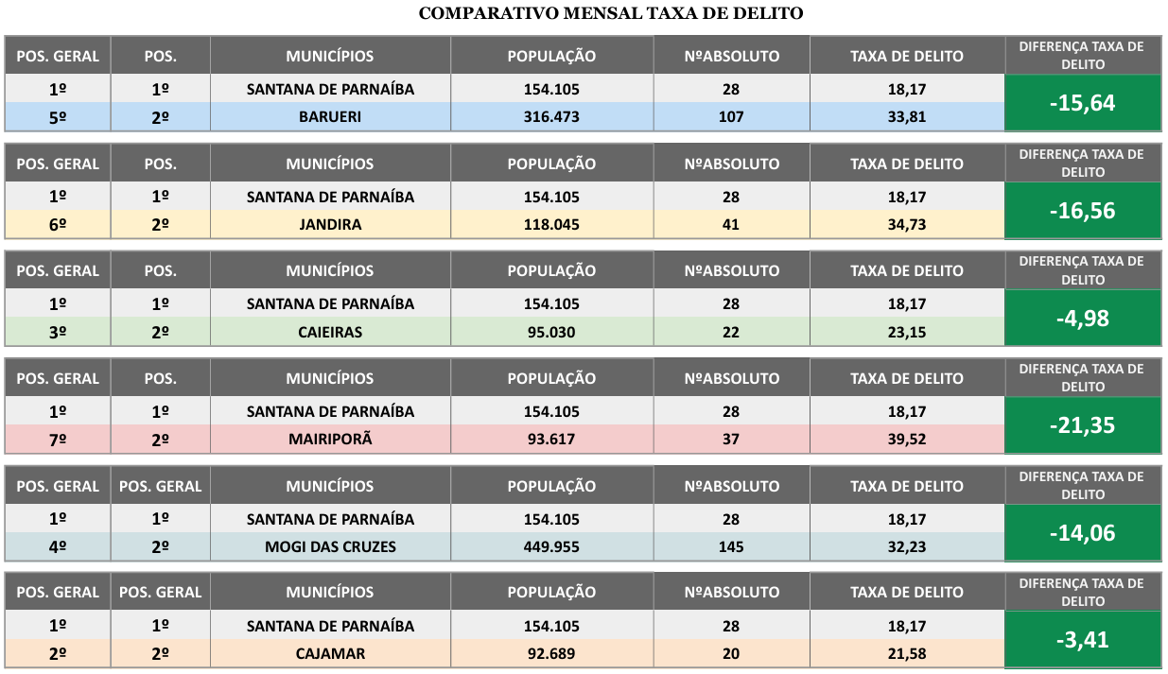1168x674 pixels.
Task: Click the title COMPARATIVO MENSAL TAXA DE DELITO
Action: [x=610, y=13]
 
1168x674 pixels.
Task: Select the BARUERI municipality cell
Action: [x=330, y=117]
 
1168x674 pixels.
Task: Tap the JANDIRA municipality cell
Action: [x=330, y=225]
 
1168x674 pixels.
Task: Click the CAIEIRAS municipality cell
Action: [x=330, y=332]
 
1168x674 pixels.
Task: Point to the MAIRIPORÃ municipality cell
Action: [x=330, y=440]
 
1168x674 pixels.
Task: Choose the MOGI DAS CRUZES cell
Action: [x=330, y=546]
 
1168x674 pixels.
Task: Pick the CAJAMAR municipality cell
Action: [x=330, y=654]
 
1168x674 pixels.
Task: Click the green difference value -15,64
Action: [x=1082, y=103]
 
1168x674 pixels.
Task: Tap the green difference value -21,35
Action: [x=1082, y=425]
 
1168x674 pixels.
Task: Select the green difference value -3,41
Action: [x=1082, y=640]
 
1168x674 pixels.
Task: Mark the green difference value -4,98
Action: [x=1082, y=318]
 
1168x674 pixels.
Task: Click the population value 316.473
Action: [x=551, y=117]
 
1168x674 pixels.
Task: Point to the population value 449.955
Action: [x=551, y=546]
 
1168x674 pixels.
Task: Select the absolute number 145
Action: [x=731, y=546]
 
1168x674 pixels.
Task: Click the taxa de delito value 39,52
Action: [x=906, y=440]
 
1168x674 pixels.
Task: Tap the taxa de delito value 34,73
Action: [x=906, y=225]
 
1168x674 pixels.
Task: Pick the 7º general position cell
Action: [x=58, y=440]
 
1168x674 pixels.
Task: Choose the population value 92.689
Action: [x=551, y=654]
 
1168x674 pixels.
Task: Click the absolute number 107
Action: [x=731, y=117]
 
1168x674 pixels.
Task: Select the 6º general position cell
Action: [x=58, y=225]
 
